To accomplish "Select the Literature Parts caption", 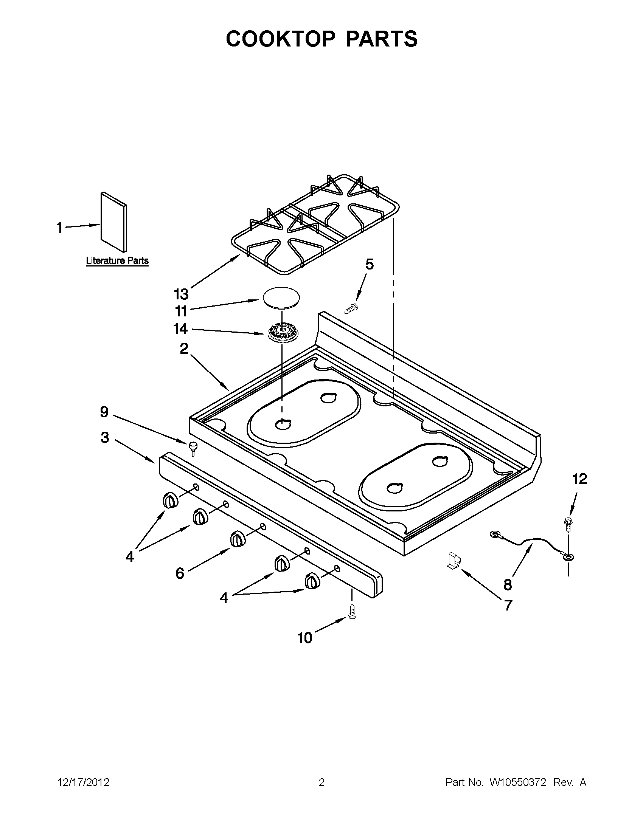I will coord(117,261).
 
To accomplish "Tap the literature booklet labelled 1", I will coord(113,222).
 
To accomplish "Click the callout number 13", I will coord(181,294).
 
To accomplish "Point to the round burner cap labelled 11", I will coord(281,297).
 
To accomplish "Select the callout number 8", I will coord(507,584).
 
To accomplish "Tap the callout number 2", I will coord(184,348).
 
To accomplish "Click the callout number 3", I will coord(105,437).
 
